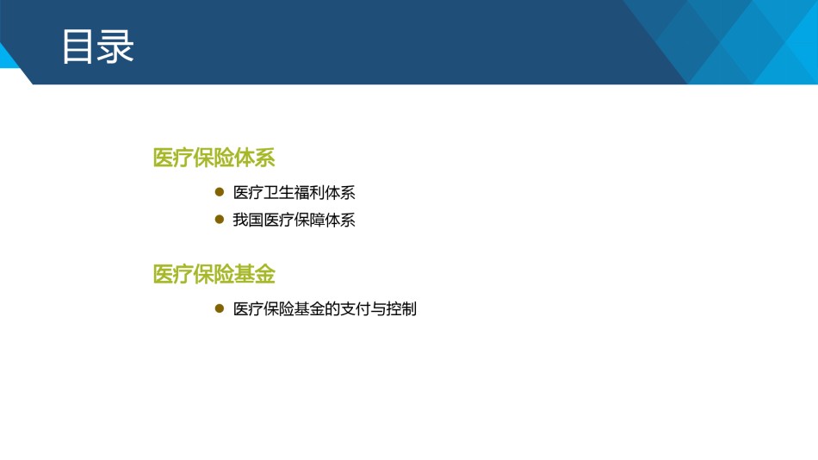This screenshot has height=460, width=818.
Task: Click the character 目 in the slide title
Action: coord(77,47)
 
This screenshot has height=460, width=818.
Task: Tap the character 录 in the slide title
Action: coord(115,47)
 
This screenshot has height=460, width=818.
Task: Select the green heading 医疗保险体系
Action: coord(214,158)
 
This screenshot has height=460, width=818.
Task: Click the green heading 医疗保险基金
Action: coord(214,274)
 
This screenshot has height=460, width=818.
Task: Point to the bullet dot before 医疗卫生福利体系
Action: coord(220,191)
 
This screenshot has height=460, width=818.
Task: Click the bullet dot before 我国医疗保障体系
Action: coord(220,220)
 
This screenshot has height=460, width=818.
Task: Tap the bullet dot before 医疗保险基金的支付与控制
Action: coord(220,308)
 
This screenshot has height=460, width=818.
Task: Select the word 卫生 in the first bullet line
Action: coord(279,193)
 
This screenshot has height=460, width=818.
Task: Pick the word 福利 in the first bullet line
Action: coord(309,193)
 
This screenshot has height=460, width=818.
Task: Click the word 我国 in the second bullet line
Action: coord(248,220)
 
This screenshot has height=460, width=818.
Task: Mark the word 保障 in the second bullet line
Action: coord(309,220)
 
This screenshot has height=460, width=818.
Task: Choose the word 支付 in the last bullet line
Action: coord(356,309)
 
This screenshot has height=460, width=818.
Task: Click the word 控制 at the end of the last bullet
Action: coord(401,309)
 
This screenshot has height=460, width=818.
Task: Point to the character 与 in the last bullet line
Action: coord(378,309)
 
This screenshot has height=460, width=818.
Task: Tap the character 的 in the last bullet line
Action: coord(332,309)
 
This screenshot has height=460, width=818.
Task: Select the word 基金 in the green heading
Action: coord(255,274)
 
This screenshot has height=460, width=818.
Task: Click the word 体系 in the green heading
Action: coord(255,158)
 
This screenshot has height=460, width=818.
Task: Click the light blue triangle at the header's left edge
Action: coord(7,56)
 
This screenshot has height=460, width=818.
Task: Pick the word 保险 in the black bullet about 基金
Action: coord(279,309)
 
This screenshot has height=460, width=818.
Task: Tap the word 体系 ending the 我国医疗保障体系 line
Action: coord(340,220)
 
